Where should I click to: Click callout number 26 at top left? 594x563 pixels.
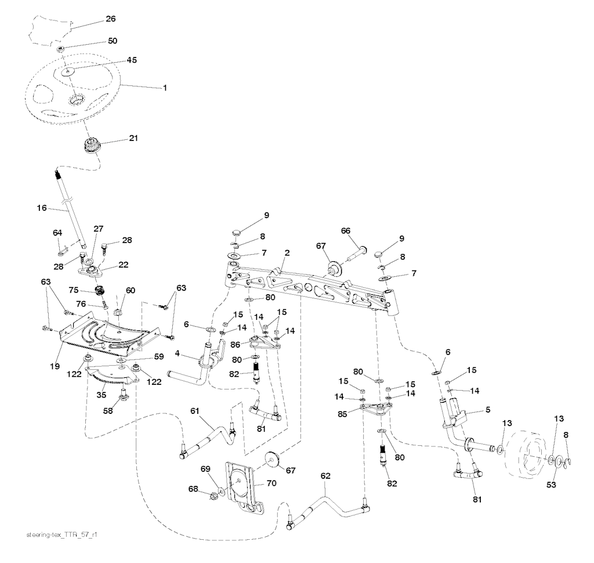(110, 19)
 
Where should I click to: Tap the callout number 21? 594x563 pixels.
(133, 139)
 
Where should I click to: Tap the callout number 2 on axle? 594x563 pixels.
(287, 252)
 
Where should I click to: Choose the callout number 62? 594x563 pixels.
(326, 475)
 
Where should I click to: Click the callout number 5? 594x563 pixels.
(487, 410)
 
